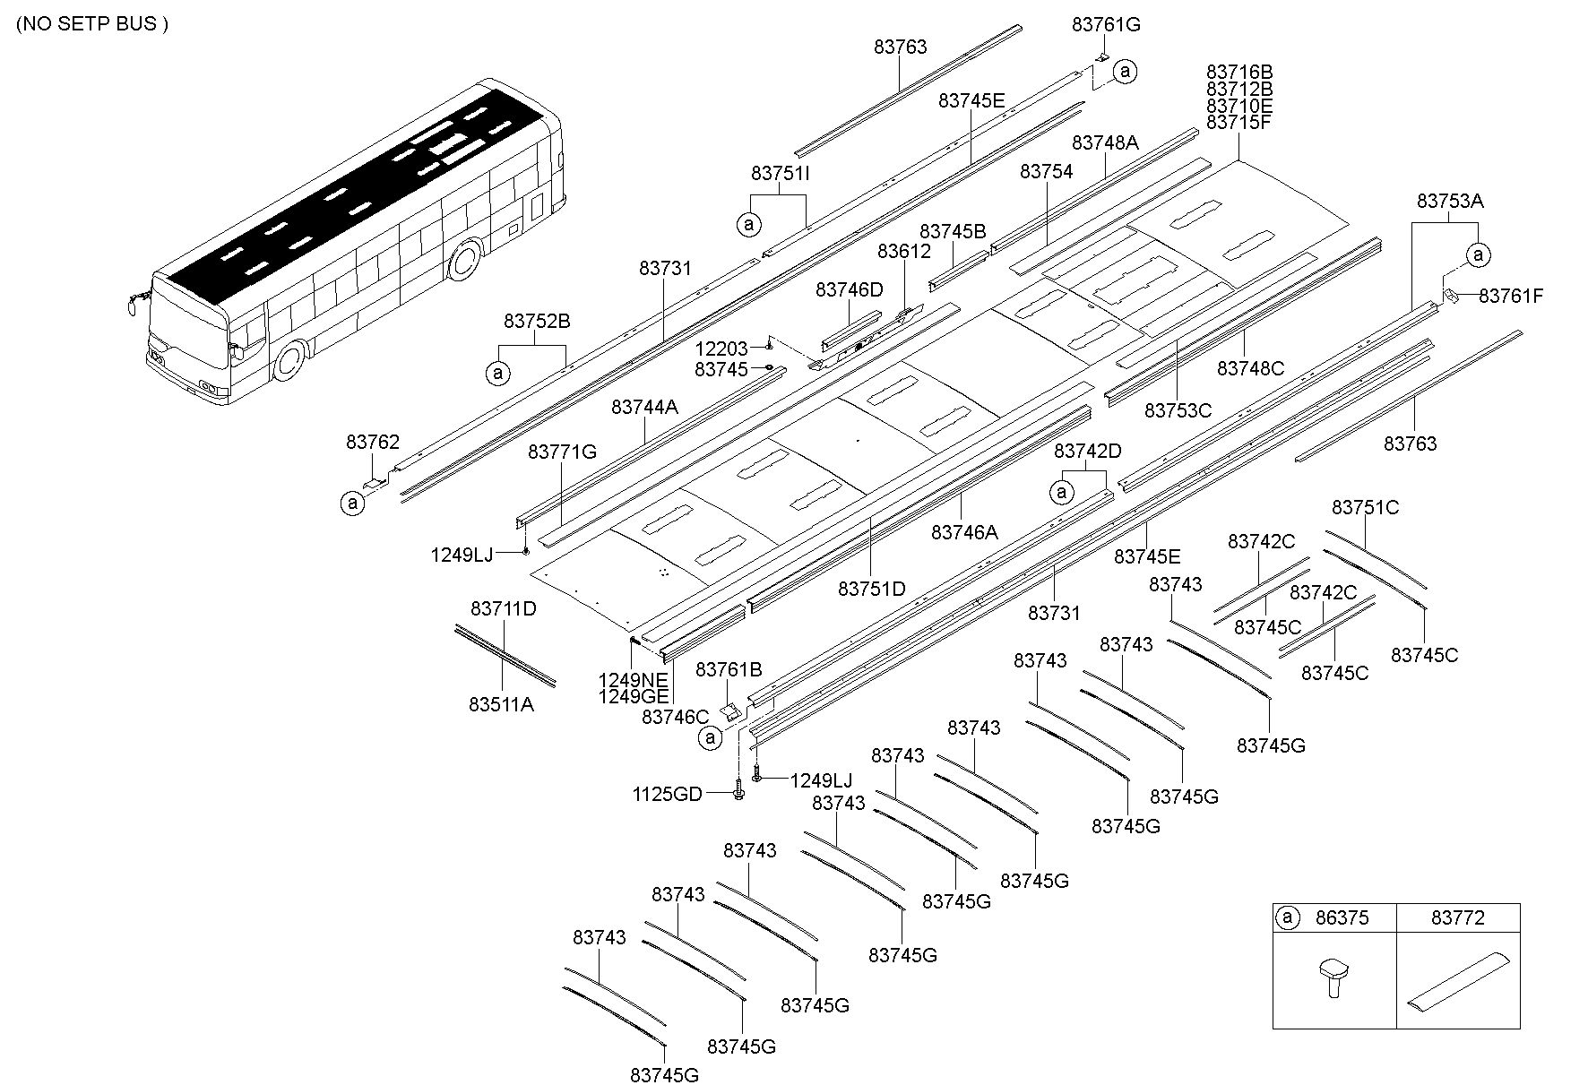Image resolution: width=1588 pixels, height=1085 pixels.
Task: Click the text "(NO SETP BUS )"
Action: pyautogui.click(x=92, y=24)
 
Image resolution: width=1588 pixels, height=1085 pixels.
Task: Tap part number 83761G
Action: pyautogui.click(x=1106, y=25)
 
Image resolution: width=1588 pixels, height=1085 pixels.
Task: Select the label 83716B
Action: pyautogui.click(x=1239, y=72)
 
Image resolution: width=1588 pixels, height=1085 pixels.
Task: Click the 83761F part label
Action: pyautogui.click(x=1511, y=296)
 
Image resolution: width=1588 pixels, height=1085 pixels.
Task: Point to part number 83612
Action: pyautogui.click(x=904, y=253)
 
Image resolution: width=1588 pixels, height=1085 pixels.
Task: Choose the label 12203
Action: pyautogui.click(x=721, y=349)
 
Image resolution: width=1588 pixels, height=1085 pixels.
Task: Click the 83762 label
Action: pyautogui.click(x=373, y=442)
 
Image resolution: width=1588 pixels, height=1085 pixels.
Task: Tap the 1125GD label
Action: pyautogui.click(x=667, y=794)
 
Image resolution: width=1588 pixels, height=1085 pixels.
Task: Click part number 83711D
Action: pyautogui.click(x=504, y=609)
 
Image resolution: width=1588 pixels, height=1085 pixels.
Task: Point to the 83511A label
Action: pyautogui.click(x=501, y=704)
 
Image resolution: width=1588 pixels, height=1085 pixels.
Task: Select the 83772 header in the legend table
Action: pyautogui.click(x=1457, y=917)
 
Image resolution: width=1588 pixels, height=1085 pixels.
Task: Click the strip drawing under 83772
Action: pyautogui.click(x=1457, y=982)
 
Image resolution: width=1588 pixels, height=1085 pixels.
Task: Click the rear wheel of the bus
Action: pyautogui.click(x=465, y=260)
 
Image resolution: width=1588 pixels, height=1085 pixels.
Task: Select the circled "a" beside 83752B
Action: pyautogui.click(x=497, y=372)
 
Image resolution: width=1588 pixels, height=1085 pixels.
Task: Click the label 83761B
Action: pyautogui.click(x=729, y=669)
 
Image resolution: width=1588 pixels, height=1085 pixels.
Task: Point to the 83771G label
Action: pyautogui.click(x=562, y=452)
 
